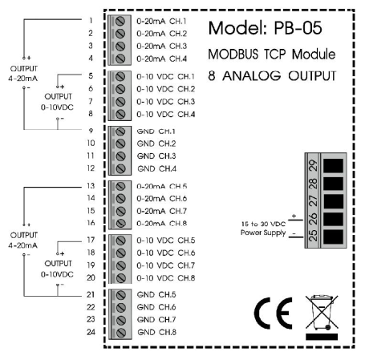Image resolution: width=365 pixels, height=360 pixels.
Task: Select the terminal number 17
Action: [91, 239]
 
